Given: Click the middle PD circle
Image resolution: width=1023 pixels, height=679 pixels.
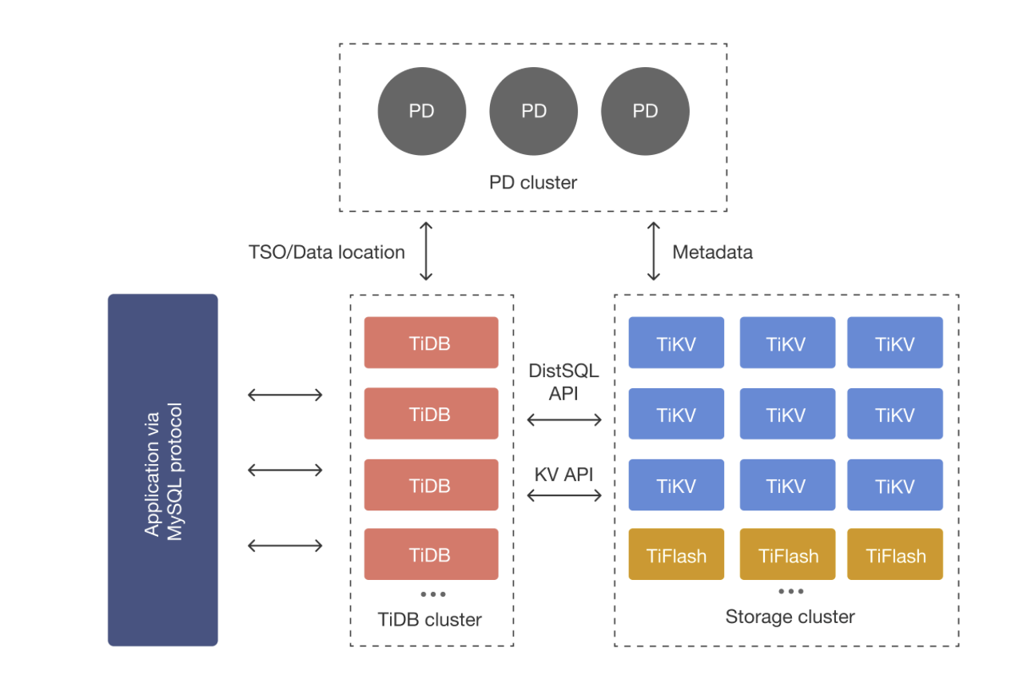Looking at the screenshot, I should point(533,111).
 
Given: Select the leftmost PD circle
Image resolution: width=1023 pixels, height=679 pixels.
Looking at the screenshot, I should point(421,111).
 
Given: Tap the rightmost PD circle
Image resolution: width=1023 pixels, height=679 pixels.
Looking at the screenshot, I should point(645,111).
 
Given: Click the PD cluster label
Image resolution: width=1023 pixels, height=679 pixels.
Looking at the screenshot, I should point(533,183).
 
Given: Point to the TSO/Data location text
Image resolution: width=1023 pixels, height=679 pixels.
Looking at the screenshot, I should point(326,252).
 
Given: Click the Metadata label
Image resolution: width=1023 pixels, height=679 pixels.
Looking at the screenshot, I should point(712,252).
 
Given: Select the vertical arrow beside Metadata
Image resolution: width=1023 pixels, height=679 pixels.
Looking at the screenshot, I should point(654,251).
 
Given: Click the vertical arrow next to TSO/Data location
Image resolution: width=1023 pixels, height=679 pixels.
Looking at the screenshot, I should point(426,251).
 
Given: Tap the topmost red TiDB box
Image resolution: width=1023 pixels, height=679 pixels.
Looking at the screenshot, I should point(431,343).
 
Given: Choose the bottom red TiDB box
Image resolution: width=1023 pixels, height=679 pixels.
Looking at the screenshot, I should point(431,554).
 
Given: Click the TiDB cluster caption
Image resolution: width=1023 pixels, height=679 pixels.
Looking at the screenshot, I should point(430,619).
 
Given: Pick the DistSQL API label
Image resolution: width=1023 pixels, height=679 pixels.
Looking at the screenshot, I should point(563,382).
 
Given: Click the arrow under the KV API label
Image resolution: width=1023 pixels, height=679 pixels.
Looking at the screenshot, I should point(564,495).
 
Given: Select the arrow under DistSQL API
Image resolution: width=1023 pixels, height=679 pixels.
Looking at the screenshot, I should point(564,420).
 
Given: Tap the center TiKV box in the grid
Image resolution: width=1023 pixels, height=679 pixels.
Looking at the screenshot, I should point(787,414).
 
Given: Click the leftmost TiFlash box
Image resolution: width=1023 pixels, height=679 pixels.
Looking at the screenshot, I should point(676,554).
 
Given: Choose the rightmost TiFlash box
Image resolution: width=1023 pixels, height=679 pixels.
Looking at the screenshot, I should point(895,554).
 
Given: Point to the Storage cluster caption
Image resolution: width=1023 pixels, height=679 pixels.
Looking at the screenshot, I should point(790,617).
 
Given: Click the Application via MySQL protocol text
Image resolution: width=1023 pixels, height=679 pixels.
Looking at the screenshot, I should point(164,470).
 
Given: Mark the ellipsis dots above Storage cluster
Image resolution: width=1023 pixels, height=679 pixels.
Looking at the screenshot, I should point(790,592).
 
